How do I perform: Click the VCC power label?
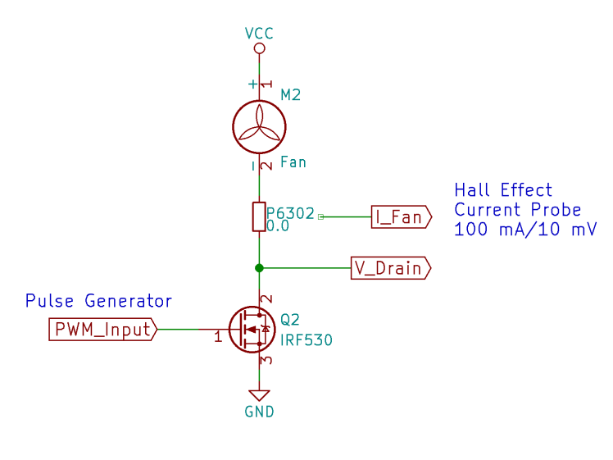click(x=259, y=34)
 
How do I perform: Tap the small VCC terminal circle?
click(x=259, y=49)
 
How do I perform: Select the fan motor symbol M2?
click(x=259, y=128)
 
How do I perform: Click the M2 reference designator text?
click(x=291, y=95)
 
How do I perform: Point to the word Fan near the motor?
click(x=293, y=162)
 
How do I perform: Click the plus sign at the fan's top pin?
click(x=252, y=84)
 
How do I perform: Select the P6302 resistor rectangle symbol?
click(x=259, y=216)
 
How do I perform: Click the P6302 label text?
click(x=290, y=213)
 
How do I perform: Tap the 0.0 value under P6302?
click(x=278, y=226)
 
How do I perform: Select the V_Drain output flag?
click(x=390, y=268)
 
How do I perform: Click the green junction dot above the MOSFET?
click(x=259, y=268)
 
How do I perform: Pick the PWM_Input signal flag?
click(x=102, y=330)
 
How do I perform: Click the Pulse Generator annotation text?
click(x=98, y=301)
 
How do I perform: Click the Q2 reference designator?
click(x=290, y=319)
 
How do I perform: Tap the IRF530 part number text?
click(x=306, y=339)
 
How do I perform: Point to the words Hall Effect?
click(x=503, y=190)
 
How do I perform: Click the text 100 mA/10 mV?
click(x=525, y=230)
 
